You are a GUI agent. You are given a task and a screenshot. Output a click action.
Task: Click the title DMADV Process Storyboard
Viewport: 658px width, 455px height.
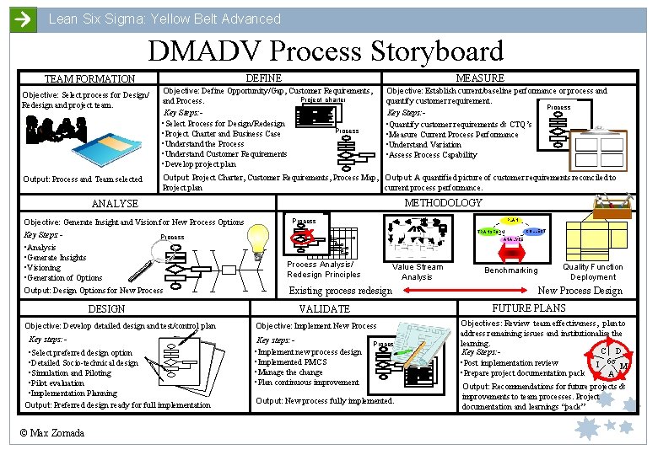(x=326, y=51)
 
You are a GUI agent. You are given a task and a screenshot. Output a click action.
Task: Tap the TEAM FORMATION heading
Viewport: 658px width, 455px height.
(x=89, y=79)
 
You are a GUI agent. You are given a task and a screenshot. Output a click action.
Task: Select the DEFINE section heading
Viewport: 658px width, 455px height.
(x=264, y=78)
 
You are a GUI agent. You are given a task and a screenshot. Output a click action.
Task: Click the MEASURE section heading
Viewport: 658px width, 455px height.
(x=479, y=78)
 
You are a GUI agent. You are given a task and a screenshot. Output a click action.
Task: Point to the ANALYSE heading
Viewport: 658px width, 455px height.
(x=115, y=204)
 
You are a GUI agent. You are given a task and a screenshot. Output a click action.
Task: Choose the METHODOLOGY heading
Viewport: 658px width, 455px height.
(x=444, y=203)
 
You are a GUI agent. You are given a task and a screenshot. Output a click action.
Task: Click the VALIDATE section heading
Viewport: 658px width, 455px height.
(x=324, y=309)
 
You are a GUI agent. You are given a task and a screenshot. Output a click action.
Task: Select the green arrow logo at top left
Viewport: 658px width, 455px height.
(x=24, y=19)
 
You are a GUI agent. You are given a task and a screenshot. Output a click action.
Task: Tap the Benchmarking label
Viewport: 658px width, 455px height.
(x=510, y=270)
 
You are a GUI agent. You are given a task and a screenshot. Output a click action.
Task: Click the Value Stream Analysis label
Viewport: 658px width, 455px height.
(x=417, y=271)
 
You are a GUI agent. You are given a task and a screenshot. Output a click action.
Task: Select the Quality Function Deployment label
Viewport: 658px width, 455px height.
(x=593, y=271)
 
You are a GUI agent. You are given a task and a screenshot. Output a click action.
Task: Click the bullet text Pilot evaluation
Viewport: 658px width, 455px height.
(x=57, y=383)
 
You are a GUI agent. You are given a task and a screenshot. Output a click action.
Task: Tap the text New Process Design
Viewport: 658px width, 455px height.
(x=580, y=291)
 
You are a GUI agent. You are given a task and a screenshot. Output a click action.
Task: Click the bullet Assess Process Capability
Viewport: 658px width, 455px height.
(x=432, y=155)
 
